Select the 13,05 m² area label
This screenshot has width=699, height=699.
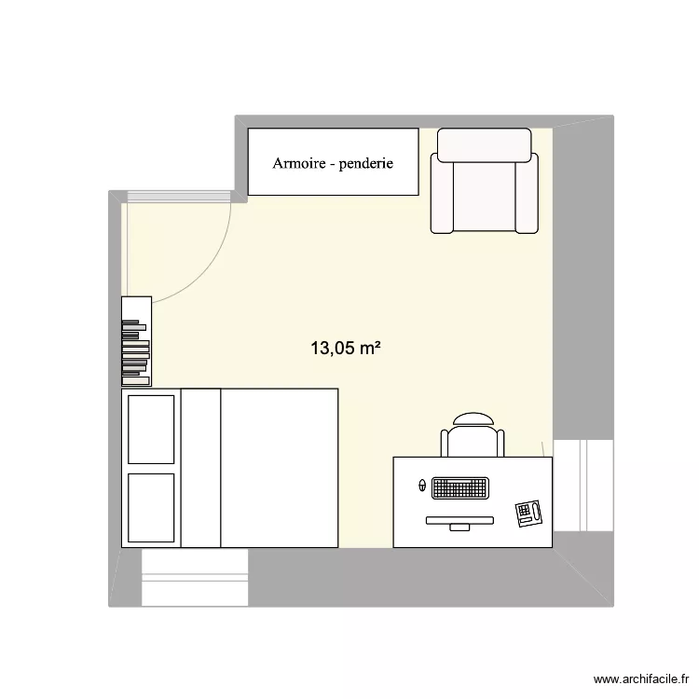(x=346, y=349)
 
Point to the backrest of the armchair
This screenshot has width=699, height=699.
(x=484, y=144)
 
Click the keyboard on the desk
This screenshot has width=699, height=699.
(x=460, y=487)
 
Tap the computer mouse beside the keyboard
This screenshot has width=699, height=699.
(x=422, y=486)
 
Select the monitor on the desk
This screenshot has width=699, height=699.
(x=460, y=521)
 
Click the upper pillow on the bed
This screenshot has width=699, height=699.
(x=151, y=428)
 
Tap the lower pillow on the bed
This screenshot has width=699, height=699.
(x=151, y=507)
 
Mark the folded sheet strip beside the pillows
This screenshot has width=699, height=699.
(x=200, y=468)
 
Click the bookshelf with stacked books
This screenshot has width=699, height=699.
(x=136, y=341)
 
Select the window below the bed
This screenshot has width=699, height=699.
(x=194, y=577)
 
